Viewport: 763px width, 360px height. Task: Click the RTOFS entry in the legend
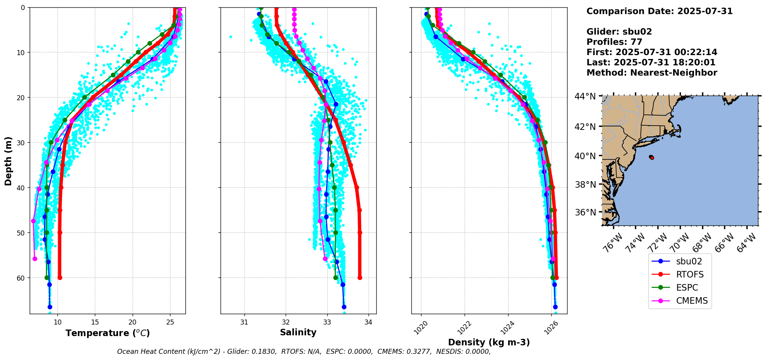click(x=689, y=274)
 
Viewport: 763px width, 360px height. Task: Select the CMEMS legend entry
click(x=692, y=301)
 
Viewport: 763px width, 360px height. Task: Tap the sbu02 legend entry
click(x=689, y=261)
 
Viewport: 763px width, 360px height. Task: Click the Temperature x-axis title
click(x=108, y=333)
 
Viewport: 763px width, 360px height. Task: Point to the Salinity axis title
click(x=298, y=332)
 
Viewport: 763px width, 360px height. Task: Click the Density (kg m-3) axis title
click(x=489, y=342)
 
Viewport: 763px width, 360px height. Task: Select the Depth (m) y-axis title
click(x=8, y=161)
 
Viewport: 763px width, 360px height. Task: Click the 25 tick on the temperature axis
click(x=170, y=322)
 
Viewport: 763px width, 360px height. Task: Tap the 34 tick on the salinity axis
click(x=369, y=322)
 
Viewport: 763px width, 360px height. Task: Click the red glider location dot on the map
click(x=652, y=157)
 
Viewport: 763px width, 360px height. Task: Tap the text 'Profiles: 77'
click(x=614, y=42)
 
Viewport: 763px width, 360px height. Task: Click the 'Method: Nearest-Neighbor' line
click(x=652, y=73)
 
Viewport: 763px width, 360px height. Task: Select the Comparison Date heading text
click(x=659, y=11)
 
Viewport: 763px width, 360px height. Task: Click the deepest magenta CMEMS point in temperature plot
click(x=35, y=259)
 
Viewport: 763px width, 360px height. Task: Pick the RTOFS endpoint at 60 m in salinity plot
click(x=360, y=278)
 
